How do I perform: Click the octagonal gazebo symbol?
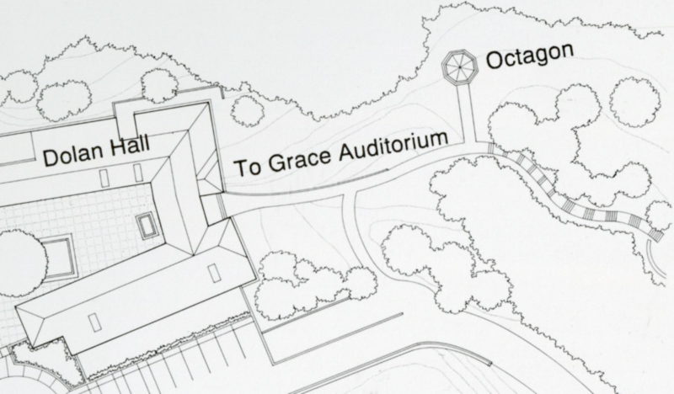point(458,66)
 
